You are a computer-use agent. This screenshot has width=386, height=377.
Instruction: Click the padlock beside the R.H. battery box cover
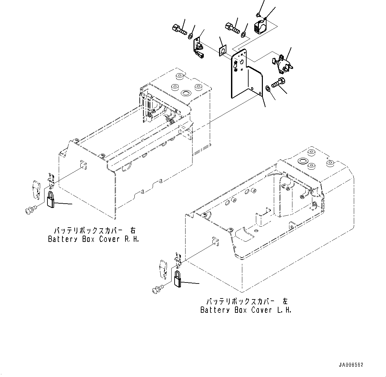[51, 199]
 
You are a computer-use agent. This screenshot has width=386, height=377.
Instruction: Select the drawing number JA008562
[351, 365]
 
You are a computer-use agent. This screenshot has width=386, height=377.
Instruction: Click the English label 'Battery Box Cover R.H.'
[93, 239]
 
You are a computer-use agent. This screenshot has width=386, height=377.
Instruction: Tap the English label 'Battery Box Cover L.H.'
[246, 310]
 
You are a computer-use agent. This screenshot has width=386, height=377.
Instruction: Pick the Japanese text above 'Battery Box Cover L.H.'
[247, 301]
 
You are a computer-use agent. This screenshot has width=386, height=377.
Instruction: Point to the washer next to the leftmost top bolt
[192, 35]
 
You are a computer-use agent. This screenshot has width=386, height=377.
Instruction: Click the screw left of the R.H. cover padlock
[30, 210]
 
